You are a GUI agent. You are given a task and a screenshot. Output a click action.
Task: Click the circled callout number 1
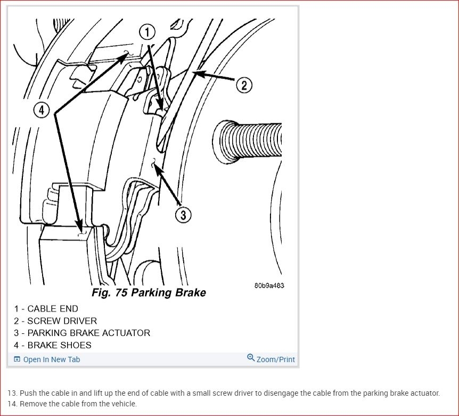click(147, 32)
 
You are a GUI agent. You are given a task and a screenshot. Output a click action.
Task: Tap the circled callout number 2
click(244, 85)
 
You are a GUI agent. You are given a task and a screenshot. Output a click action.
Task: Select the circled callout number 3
click(183, 215)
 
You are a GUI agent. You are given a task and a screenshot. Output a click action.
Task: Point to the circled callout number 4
click(42, 110)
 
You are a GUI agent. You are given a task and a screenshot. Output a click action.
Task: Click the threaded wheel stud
click(248, 141)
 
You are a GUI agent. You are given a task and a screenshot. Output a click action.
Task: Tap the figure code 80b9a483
click(269, 285)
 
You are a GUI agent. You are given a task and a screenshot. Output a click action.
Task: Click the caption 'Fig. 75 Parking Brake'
click(149, 292)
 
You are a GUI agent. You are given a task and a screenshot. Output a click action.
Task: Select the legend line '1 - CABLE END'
click(46, 309)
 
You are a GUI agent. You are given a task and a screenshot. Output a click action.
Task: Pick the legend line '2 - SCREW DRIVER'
click(55, 321)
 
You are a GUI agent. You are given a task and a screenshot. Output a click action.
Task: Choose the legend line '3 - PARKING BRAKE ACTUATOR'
click(82, 333)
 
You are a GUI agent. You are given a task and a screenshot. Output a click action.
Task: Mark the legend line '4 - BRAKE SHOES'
click(53, 346)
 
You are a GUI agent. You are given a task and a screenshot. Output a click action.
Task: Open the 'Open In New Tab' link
click(52, 359)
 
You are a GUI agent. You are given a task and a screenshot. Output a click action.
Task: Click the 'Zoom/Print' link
click(275, 359)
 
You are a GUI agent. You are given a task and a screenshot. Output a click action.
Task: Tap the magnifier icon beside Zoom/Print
click(251, 358)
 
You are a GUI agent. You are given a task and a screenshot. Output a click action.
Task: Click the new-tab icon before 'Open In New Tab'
click(17, 359)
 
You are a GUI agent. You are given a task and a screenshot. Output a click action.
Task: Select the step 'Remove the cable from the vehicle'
click(78, 404)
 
